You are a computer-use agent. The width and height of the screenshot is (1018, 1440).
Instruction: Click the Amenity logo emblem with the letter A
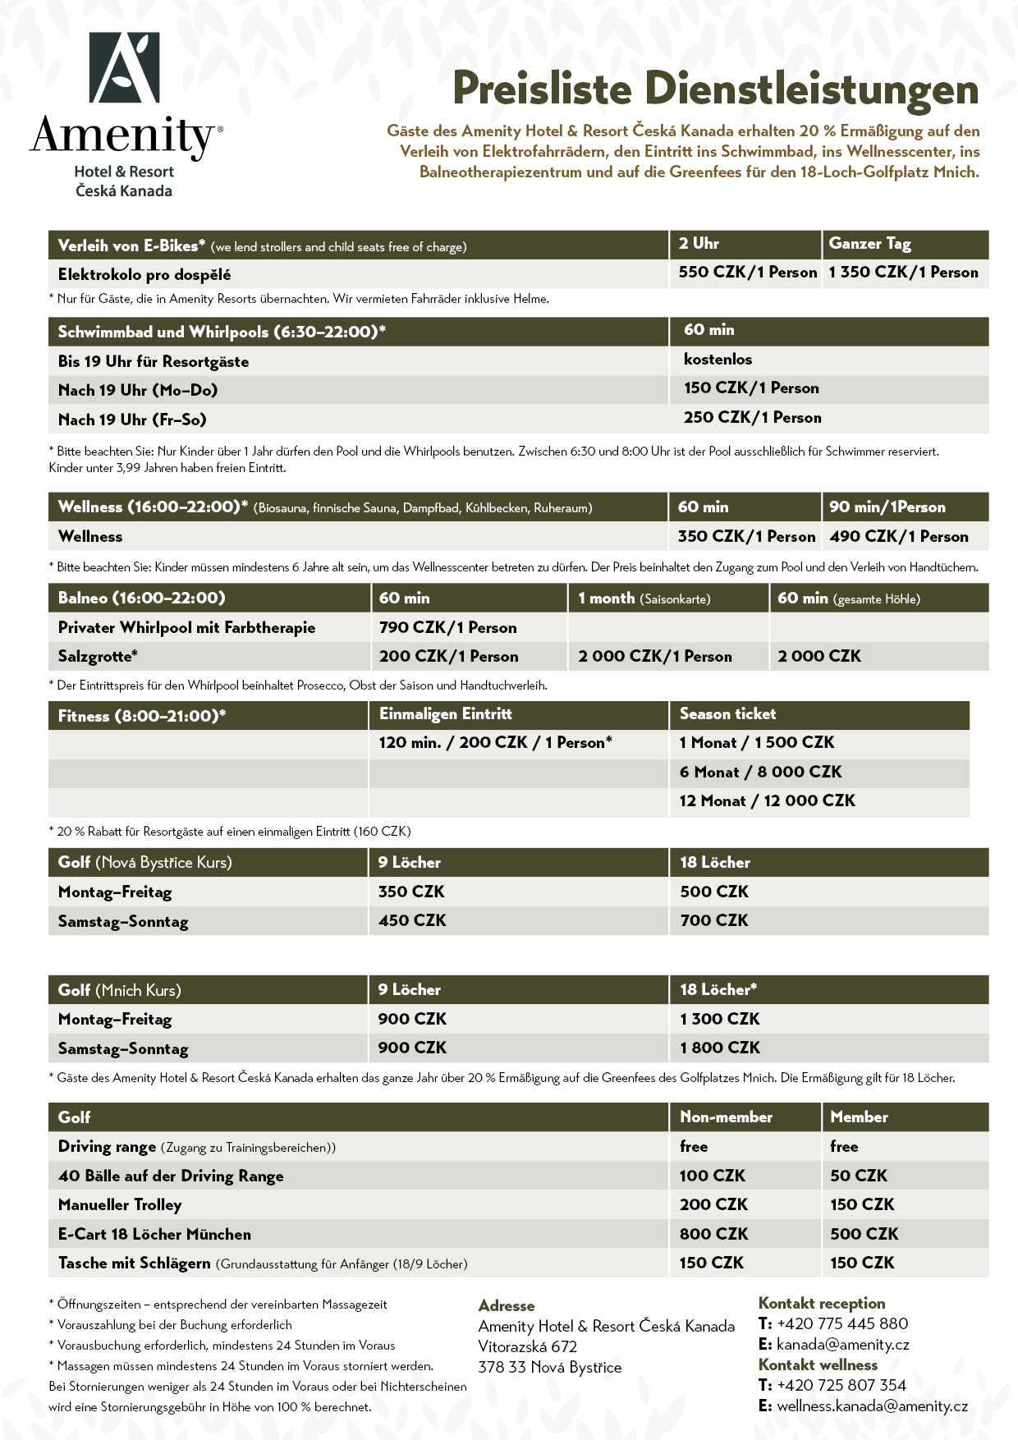(x=124, y=68)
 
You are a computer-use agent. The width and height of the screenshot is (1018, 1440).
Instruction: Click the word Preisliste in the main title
(x=542, y=89)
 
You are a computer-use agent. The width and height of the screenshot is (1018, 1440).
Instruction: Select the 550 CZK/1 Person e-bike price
(x=747, y=273)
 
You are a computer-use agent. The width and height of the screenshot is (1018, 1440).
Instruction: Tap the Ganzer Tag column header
(x=869, y=244)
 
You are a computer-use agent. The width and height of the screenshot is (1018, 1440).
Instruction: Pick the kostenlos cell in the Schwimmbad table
(x=718, y=360)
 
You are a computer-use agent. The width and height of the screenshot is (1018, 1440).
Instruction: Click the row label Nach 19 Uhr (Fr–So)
(x=132, y=420)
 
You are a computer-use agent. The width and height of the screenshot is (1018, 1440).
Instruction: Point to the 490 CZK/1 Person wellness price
(x=898, y=537)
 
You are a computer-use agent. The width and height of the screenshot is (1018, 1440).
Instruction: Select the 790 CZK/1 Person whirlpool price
(x=447, y=628)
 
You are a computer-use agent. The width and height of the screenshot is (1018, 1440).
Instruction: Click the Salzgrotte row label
(x=98, y=657)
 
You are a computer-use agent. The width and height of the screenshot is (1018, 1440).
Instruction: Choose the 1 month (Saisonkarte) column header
(x=644, y=598)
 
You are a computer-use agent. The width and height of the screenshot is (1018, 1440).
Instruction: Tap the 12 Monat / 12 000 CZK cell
(x=767, y=801)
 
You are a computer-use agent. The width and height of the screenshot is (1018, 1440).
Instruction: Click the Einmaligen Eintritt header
(x=445, y=714)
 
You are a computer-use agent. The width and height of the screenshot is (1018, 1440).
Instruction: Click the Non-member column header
(x=726, y=1117)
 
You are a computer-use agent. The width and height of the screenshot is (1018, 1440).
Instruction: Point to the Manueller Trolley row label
(x=120, y=1205)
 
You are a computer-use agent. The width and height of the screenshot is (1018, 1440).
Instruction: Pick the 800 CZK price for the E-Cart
(x=713, y=1234)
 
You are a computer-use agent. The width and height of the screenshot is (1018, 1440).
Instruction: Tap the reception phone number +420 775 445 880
(x=841, y=1324)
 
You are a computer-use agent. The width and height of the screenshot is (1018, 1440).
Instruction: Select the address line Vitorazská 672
(x=527, y=1347)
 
